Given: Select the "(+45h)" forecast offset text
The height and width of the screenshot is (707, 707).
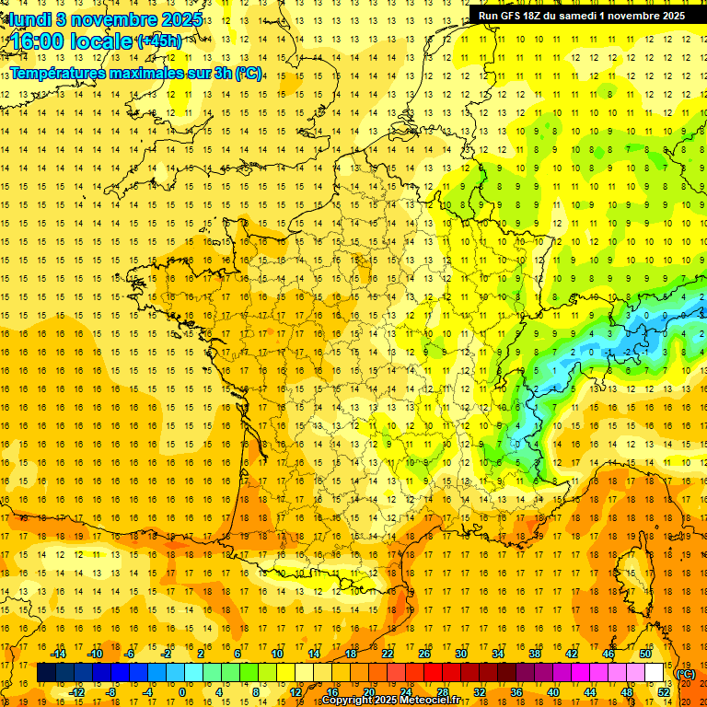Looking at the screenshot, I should (x=159, y=41).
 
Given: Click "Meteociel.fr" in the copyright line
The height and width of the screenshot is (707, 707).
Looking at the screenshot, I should (x=426, y=701).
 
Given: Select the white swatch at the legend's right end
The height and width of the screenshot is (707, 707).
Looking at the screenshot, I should (x=654, y=673).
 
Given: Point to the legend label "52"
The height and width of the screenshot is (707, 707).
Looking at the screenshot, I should (x=664, y=692).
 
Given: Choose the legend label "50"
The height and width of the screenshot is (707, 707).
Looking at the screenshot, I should (x=645, y=654).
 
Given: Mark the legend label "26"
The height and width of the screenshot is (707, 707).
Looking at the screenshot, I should (x=424, y=654).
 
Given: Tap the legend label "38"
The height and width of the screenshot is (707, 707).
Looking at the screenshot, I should (x=535, y=654).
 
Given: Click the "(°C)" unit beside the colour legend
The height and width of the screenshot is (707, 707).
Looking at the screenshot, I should (x=686, y=674).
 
